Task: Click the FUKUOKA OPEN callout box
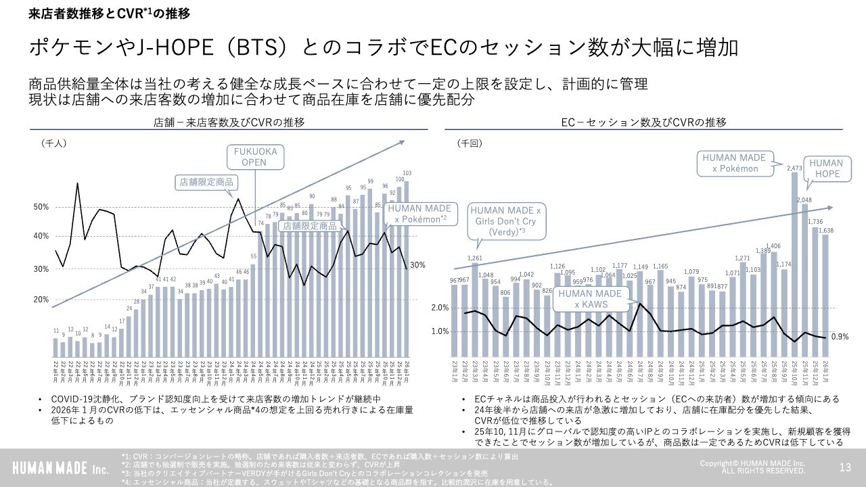tap(256, 157)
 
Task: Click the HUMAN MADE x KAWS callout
tap(589, 299)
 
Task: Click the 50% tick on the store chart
tap(41, 206)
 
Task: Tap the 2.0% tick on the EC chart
tap(440, 308)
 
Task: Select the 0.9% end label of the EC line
tap(840, 337)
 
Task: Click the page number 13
tap(844, 467)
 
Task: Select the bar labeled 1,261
tap(475, 311)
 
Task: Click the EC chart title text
tap(643, 122)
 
